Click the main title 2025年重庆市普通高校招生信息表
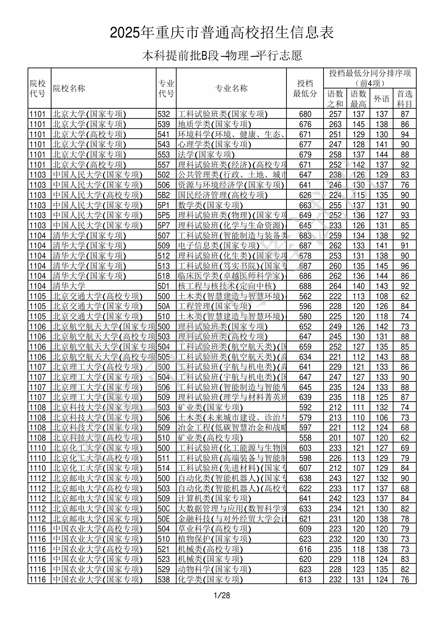click(x=222, y=33)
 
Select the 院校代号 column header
click(x=38, y=88)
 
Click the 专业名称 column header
click(x=231, y=88)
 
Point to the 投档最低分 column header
click(x=305, y=88)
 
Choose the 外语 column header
click(x=382, y=98)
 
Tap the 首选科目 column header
click(x=405, y=98)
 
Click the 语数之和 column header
click(x=335, y=98)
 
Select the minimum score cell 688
click(x=305, y=286)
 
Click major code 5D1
click(x=164, y=286)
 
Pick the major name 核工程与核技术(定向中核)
click(x=227, y=286)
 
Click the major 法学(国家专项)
click(x=206, y=155)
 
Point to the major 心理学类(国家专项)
click(x=214, y=145)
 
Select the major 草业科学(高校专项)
click(x=214, y=529)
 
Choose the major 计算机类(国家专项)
click(x=214, y=499)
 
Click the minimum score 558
click(x=305, y=438)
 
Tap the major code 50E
click(x=164, y=519)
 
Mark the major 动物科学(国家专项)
click(x=214, y=570)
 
